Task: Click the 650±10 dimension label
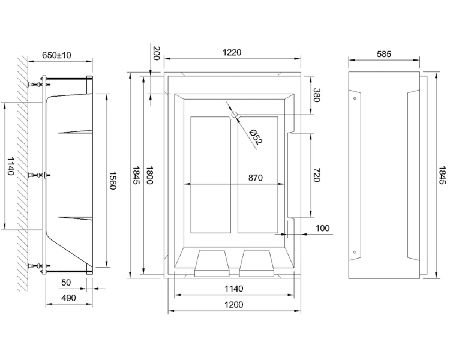pos(57,55)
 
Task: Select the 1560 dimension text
pos(112,179)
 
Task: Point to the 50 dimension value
pos(66,281)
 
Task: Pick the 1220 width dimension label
pos(232,52)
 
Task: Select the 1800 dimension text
pos(149,175)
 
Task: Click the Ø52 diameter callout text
pos(254,137)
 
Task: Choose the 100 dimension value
pos(323,229)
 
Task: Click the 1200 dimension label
pos(234,305)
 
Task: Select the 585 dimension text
pos(383,54)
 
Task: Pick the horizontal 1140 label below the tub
pos(234,289)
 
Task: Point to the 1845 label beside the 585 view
pos(442,175)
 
